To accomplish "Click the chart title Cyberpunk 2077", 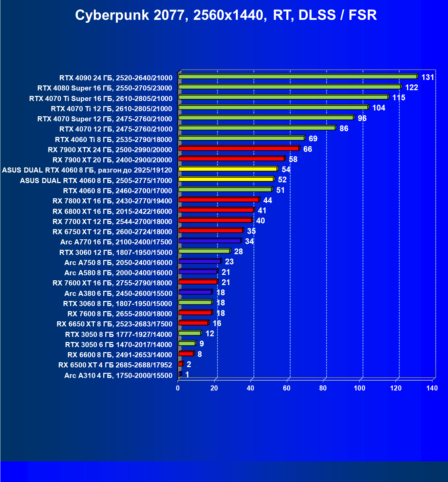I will tap(226, 15).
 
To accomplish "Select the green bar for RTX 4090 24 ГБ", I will tap(298, 77).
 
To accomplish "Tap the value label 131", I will tap(428, 77).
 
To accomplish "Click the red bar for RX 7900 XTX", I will tap(239, 148).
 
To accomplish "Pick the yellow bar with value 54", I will tap(228, 169).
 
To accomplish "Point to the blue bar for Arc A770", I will tap(209, 241).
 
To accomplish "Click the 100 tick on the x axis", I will tap(360, 388).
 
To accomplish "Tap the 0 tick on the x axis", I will tap(178, 388).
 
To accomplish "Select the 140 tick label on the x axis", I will tap(432, 388).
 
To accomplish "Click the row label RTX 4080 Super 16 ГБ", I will tap(105, 88).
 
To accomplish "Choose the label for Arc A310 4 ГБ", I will tap(118, 375).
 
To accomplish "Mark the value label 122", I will tap(411, 87).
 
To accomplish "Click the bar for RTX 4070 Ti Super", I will tap(283, 97).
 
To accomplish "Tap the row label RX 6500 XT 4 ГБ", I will tap(115, 365).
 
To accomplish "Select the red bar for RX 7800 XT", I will tap(219, 200).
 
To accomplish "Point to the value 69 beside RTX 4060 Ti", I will tap(313, 139).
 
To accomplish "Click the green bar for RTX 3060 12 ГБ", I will tap(204, 251).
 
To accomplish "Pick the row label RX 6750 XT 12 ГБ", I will tap(112, 232).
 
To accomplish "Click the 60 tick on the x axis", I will tap(287, 388).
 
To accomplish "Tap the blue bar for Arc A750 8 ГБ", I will tap(200, 261).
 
